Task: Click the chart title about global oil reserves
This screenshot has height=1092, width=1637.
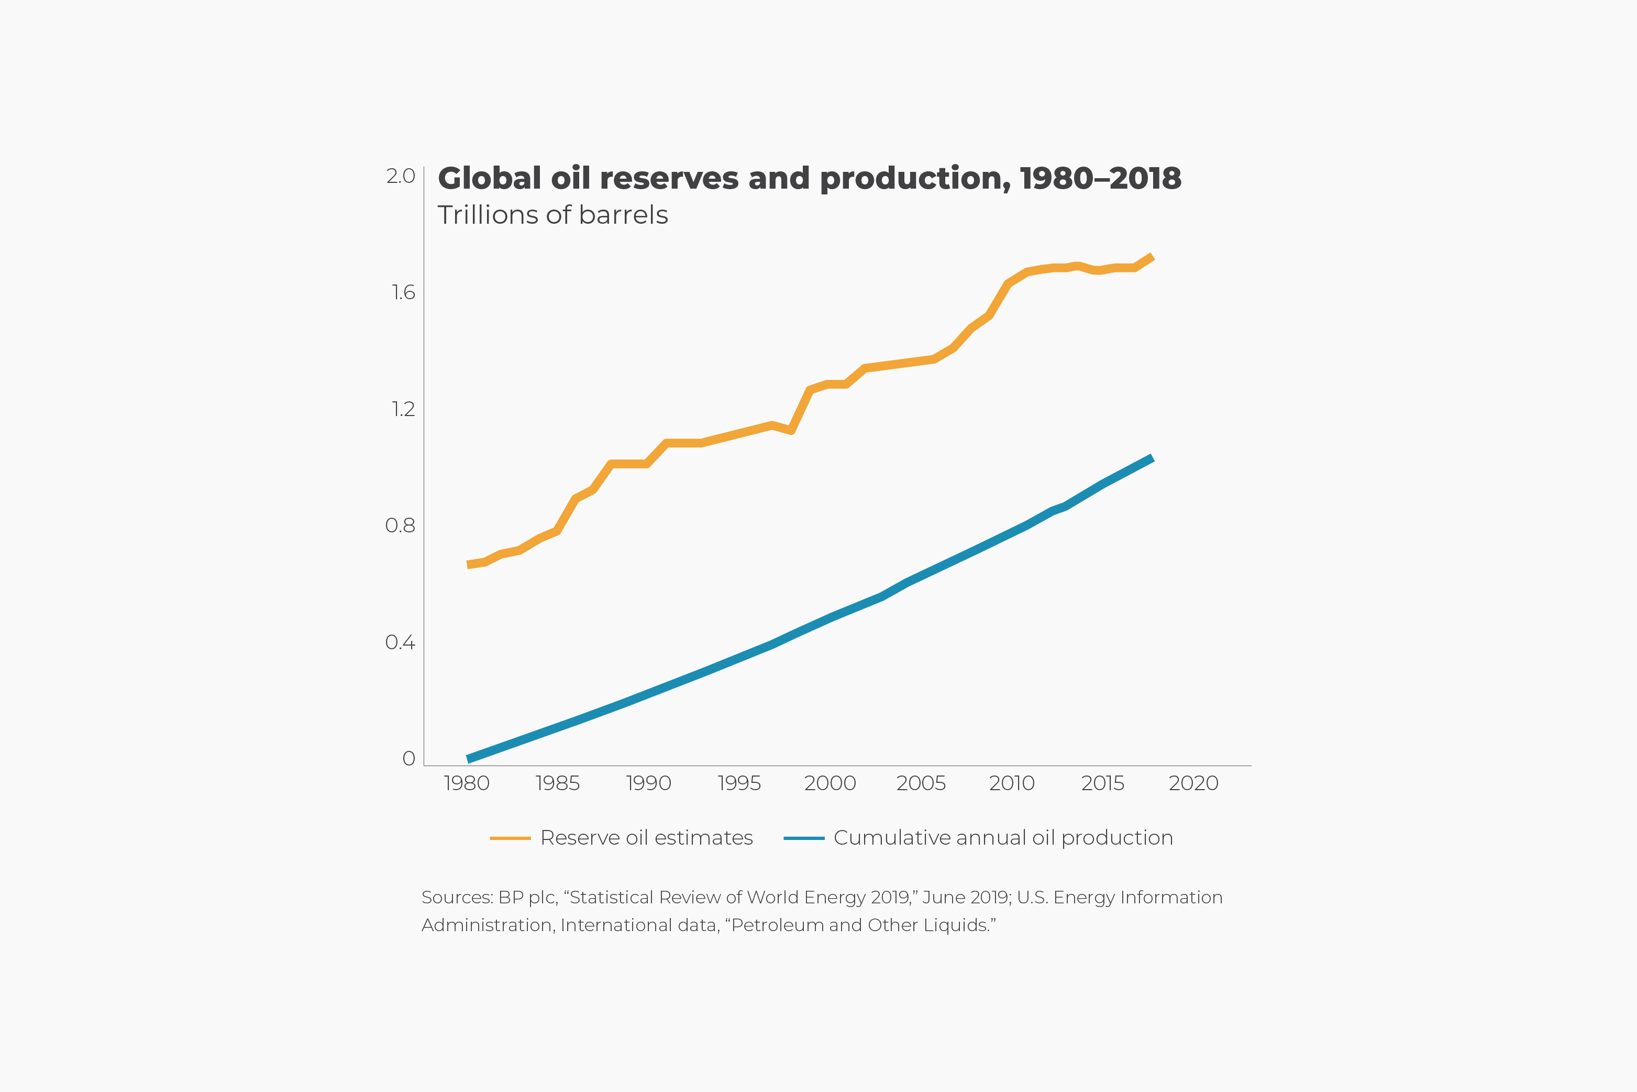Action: tap(809, 178)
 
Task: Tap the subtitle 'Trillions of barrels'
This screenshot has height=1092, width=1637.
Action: tap(552, 215)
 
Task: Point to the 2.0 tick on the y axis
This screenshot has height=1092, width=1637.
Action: tap(401, 176)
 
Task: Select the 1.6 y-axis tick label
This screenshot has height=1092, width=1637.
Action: tap(403, 292)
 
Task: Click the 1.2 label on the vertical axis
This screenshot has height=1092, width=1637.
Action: tap(403, 409)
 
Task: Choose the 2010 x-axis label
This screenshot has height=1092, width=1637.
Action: tap(1011, 783)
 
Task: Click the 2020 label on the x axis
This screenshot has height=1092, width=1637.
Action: tap(1193, 783)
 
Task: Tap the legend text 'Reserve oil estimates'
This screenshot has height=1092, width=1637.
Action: tap(647, 838)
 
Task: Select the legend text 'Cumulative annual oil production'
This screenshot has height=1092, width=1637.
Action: tap(1003, 838)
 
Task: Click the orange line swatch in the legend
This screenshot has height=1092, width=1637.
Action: tap(510, 838)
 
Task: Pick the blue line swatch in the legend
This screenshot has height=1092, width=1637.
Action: tap(804, 838)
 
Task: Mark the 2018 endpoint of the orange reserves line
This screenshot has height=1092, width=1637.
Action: tap(1152, 257)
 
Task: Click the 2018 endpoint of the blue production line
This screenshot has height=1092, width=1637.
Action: tap(1152, 458)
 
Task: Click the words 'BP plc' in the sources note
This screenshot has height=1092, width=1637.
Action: tap(527, 898)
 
